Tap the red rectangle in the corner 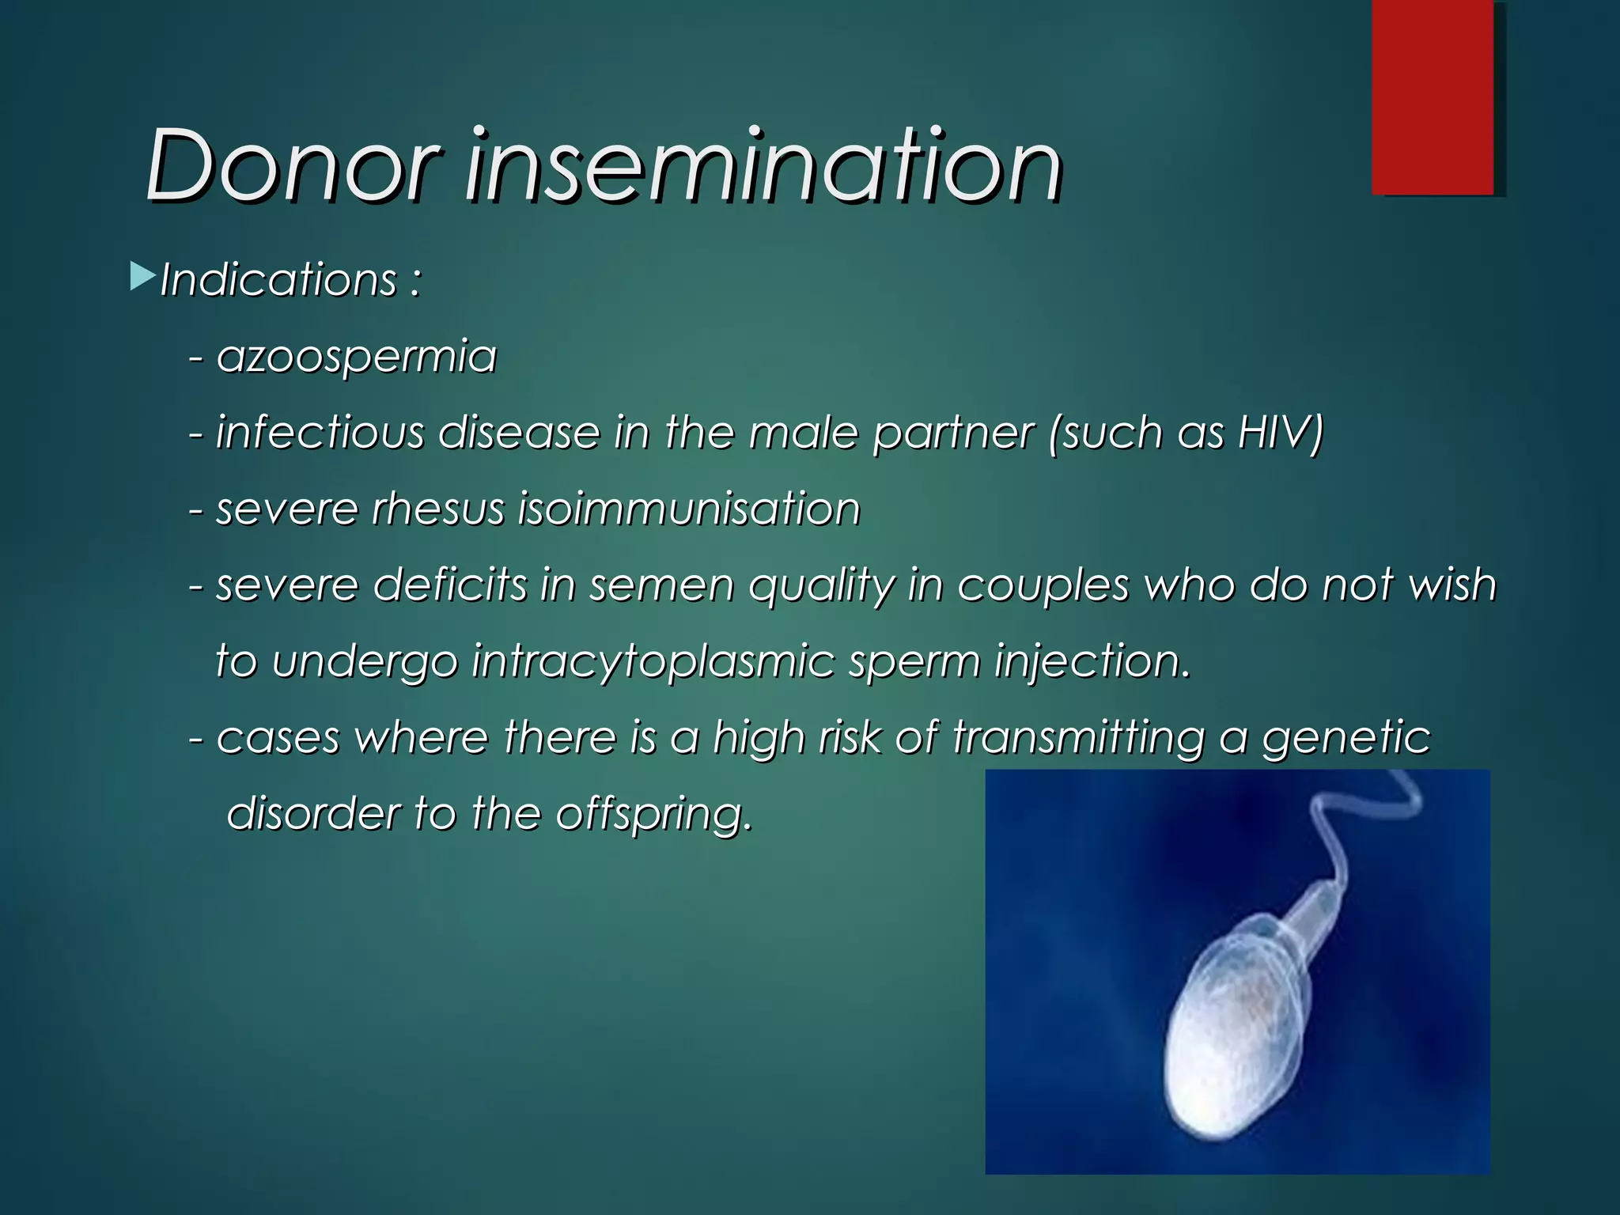click(x=1433, y=97)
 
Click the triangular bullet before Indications click(x=142, y=277)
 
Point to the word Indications click(x=278, y=280)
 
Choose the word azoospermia click(x=356, y=357)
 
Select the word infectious click(x=320, y=433)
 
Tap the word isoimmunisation click(x=688, y=509)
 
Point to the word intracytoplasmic click(x=653, y=661)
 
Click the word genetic click(x=1346, y=738)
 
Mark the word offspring click(x=652, y=815)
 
